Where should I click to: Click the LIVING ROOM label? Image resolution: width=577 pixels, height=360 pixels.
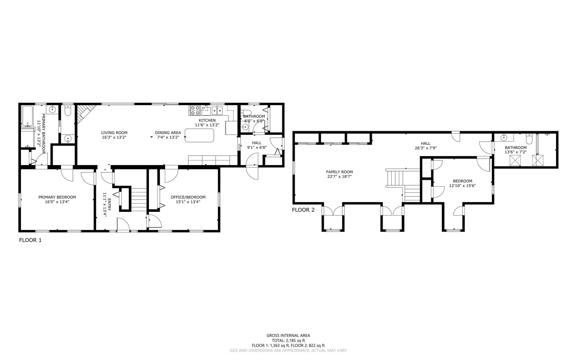[114, 133]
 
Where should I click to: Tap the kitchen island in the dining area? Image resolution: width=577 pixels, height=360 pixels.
[199, 135]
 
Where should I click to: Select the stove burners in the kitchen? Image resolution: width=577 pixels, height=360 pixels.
[195, 110]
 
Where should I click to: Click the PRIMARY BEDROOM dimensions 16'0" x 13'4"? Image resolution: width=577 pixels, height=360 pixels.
[57, 202]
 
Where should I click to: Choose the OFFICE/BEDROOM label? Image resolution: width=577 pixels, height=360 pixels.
[188, 197]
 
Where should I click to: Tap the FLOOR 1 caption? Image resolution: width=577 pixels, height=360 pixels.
[30, 240]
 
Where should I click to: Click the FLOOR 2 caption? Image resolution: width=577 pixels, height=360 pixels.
[303, 210]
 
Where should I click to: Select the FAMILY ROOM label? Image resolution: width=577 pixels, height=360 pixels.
[339, 172]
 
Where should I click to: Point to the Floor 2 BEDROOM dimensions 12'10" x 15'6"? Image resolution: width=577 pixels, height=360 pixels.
[462, 186]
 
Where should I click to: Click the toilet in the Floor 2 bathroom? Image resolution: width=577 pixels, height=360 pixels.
[529, 138]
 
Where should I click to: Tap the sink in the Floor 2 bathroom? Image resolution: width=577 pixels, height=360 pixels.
[504, 138]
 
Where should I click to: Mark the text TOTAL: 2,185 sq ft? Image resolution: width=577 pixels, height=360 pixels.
[288, 340]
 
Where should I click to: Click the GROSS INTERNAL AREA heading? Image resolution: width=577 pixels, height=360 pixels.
[288, 335]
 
